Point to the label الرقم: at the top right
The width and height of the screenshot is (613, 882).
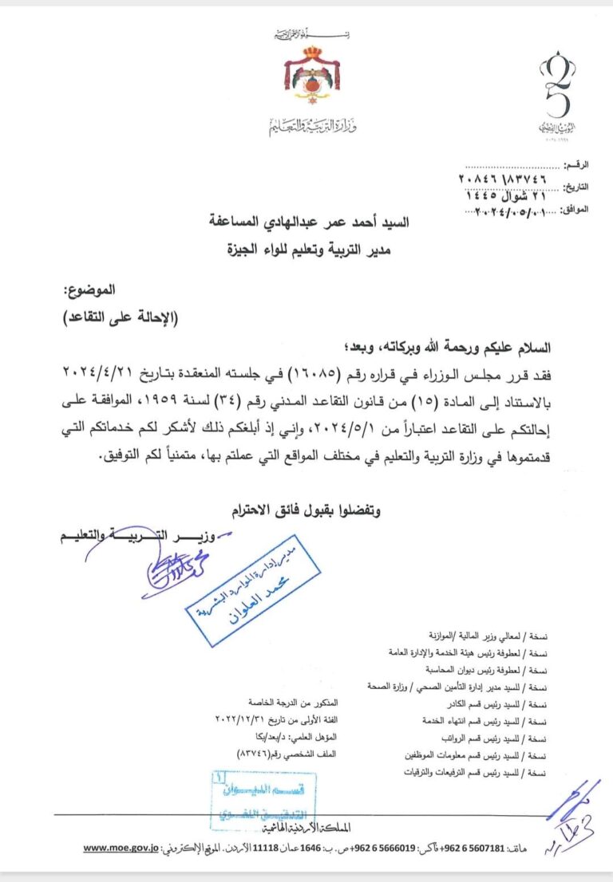[574, 164]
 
